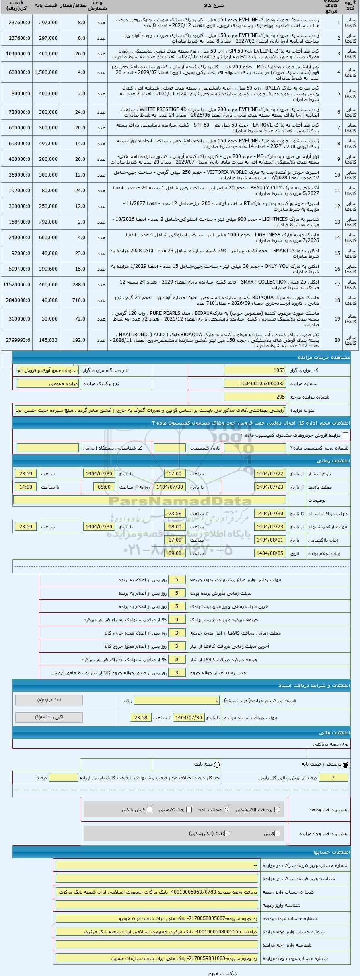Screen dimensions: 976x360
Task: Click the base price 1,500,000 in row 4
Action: click(46, 72)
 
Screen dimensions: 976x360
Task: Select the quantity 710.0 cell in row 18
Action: click(74, 300)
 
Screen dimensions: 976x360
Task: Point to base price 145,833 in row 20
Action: click(46, 340)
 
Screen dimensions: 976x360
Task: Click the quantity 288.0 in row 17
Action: click(74, 284)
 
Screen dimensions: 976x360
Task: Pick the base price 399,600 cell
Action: click(46, 269)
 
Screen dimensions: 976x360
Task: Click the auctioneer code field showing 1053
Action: click(255, 370)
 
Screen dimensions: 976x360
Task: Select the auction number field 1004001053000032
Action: click(255, 384)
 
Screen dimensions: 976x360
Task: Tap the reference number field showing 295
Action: click(255, 397)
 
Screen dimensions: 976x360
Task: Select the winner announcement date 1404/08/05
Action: click(270, 553)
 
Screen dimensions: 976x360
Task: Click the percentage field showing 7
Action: click(333, 778)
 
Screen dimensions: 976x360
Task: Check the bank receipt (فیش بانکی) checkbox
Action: click(150, 809)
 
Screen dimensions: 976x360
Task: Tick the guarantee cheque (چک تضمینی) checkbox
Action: click(189, 809)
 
